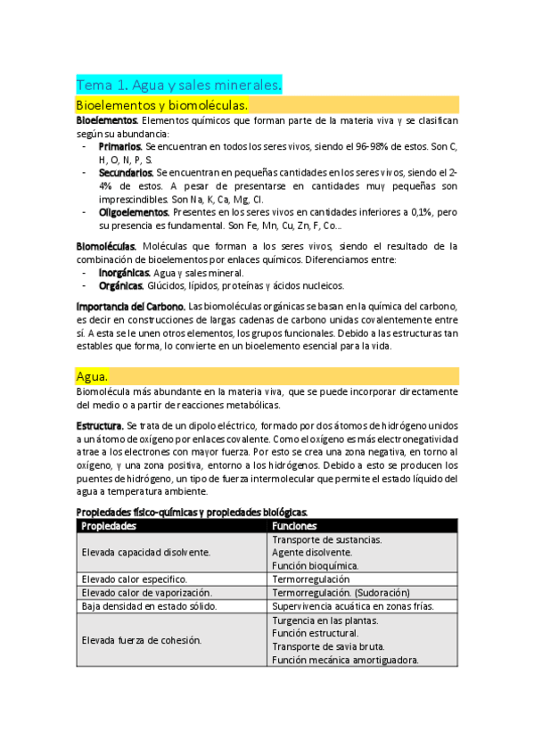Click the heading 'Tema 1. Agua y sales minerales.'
pyautogui.click(x=179, y=85)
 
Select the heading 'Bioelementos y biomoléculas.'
pyautogui.click(x=161, y=105)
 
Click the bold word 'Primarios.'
pyautogui.click(x=120, y=145)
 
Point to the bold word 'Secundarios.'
pyautogui.click(x=127, y=172)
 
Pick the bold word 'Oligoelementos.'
pyautogui.click(x=135, y=213)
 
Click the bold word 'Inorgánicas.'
pyautogui.click(x=124, y=273)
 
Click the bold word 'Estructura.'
pyautogui.click(x=100, y=426)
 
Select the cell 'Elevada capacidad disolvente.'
pyautogui.click(x=146, y=553)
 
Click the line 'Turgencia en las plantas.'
pyautogui.click(x=325, y=620)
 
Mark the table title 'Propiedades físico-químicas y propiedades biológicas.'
pyautogui.click(x=193, y=512)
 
